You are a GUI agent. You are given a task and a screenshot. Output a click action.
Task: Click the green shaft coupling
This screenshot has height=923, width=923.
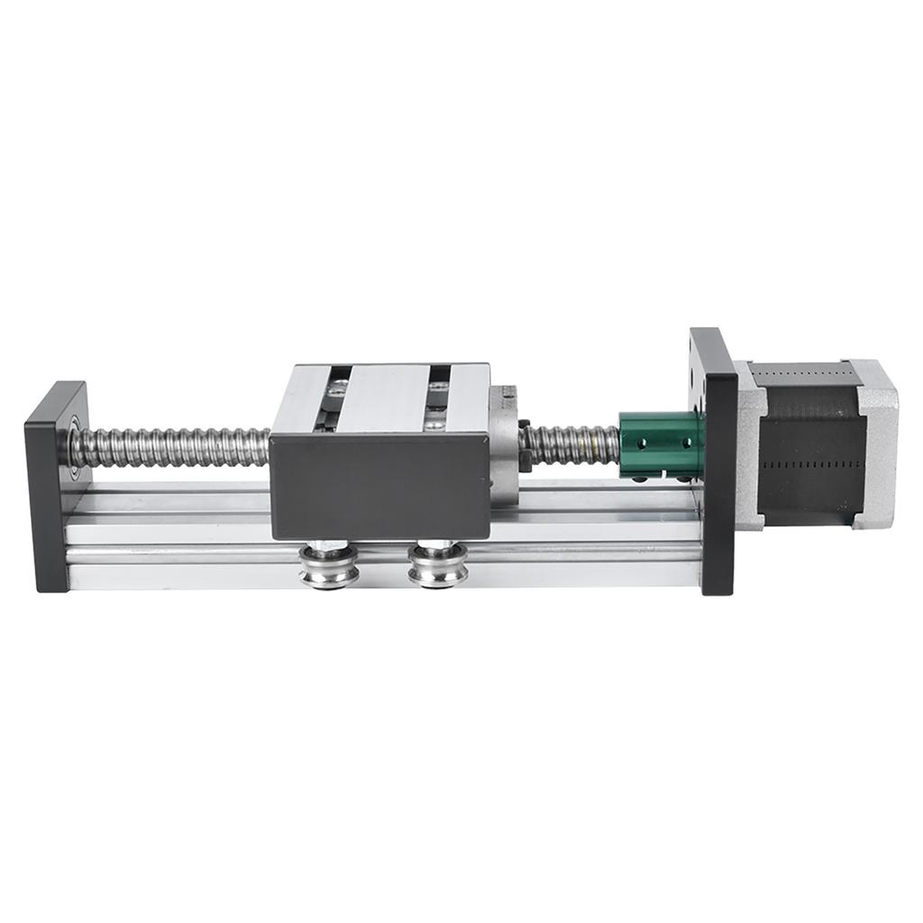tap(661, 443)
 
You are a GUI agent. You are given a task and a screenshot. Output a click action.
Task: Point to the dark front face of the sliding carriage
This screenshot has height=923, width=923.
tap(380, 487)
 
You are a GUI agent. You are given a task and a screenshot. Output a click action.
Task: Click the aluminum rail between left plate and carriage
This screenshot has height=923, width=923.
tap(171, 532)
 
